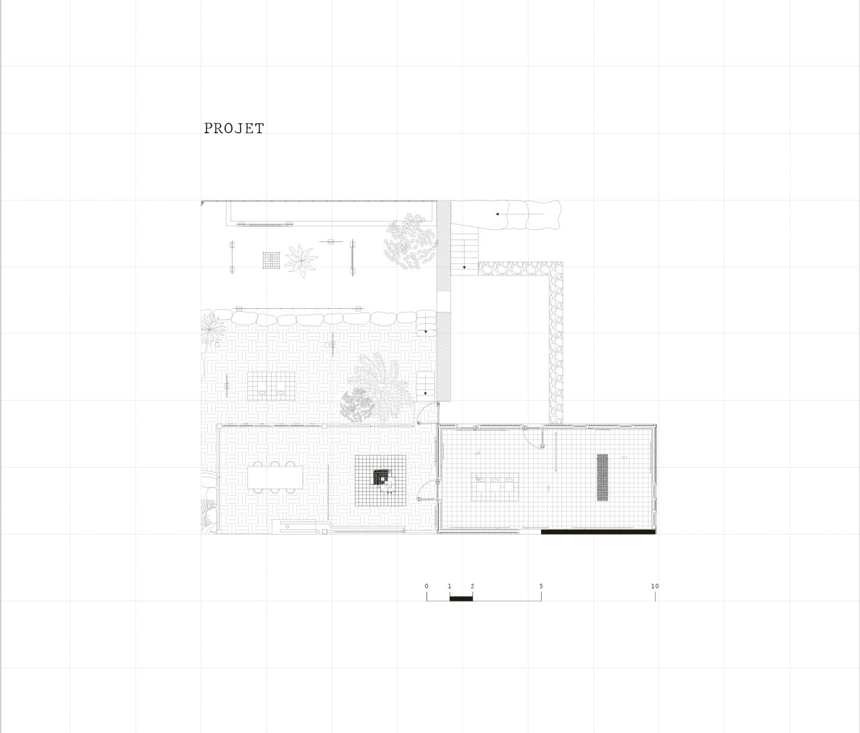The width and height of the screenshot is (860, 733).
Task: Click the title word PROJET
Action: [234, 128]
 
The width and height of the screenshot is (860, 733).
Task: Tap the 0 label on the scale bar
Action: [426, 586]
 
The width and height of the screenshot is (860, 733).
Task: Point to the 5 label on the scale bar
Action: [541, 586]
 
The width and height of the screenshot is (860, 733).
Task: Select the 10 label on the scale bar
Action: [655, 586]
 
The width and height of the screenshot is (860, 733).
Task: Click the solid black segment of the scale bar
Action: [461, 599]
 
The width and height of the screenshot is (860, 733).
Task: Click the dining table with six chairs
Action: [275, 477]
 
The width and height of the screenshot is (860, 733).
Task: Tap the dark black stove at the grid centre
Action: [382, 477]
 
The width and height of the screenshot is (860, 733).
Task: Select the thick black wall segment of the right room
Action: [598, 532]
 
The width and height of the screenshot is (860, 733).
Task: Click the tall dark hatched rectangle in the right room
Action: [602, 477]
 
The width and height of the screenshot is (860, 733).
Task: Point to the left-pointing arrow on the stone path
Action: [520, 214]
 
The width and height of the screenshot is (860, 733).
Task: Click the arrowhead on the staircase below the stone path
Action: [464, 268]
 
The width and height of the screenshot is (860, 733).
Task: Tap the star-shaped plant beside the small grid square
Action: [301, 261]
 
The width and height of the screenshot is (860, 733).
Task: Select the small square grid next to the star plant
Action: [271, 260]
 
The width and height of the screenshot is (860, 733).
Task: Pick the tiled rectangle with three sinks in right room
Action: [495, 487]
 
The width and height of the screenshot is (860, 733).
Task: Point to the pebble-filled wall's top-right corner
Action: [563, 262]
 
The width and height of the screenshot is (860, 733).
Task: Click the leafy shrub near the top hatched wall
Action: [410, 241]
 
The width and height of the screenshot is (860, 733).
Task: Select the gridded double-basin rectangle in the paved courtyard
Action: [271, 386]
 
